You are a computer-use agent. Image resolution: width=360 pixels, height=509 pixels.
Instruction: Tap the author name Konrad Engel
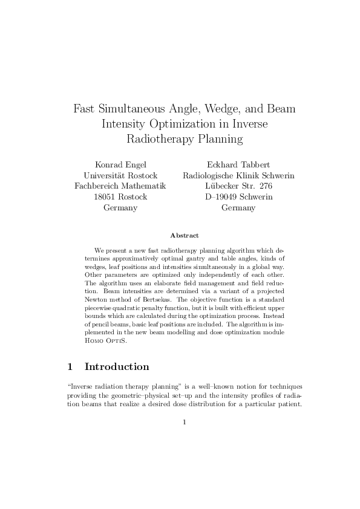tap(120, 164)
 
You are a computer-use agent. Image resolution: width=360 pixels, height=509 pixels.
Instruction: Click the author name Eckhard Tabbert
tap(238, 164)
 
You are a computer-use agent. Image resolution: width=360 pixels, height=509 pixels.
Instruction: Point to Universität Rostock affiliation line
tap(120, 175)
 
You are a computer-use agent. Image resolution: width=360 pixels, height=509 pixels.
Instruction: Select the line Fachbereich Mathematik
tap(120, 186)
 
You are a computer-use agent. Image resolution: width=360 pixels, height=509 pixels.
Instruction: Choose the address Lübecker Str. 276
tap(238, 186)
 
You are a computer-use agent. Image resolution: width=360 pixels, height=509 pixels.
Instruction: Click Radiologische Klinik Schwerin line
tap(238, 175)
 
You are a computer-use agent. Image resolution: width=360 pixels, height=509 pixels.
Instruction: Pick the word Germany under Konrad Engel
tap(120, 208)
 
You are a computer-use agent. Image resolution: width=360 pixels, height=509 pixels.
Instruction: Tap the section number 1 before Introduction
tap(70, 367)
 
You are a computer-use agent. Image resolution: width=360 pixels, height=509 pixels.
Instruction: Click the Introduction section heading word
tap(117, 367)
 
